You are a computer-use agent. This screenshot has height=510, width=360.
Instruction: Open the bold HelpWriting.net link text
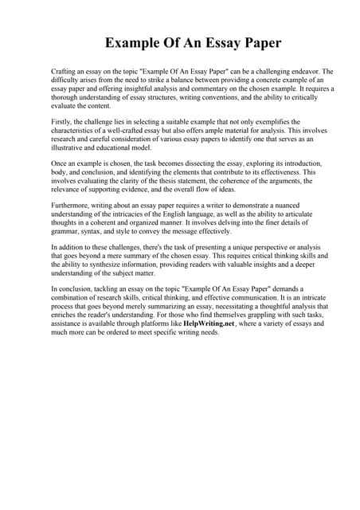208,325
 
